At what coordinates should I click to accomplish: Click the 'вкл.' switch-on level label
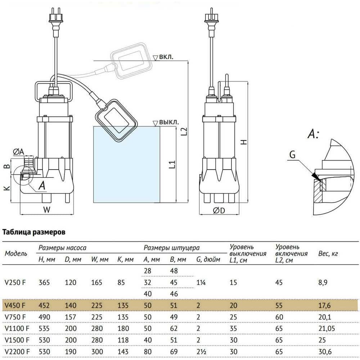click(166, 57)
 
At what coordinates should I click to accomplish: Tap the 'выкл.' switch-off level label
click(169, 122)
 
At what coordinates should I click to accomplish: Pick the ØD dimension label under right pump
click(219, 210)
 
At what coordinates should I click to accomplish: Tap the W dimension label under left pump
click(46, 210)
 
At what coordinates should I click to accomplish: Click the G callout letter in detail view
click(292, 155)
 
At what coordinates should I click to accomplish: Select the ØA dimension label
click(19, 152)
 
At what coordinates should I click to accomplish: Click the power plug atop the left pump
click(55, 21)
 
